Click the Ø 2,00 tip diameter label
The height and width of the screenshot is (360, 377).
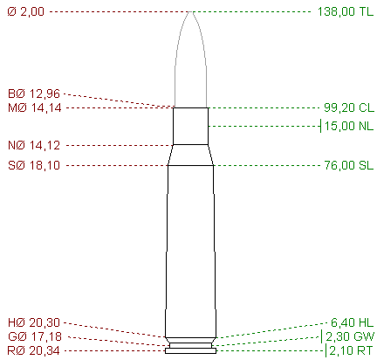pos(25,11)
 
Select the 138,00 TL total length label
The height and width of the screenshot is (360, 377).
pos(346,11)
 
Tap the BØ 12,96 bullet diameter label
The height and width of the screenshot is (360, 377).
pos(34,93)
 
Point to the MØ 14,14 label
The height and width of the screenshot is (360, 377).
pos(35,107)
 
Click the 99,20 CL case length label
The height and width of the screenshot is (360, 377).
pos(349,107)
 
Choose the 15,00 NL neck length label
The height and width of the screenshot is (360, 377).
pos(349,126)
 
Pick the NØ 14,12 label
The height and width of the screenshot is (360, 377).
pos(34,145)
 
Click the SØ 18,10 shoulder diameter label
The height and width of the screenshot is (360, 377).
pos(34,165)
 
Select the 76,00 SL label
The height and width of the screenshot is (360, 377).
pos(349,165)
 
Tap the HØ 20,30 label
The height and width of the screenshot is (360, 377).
pos(34,322)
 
